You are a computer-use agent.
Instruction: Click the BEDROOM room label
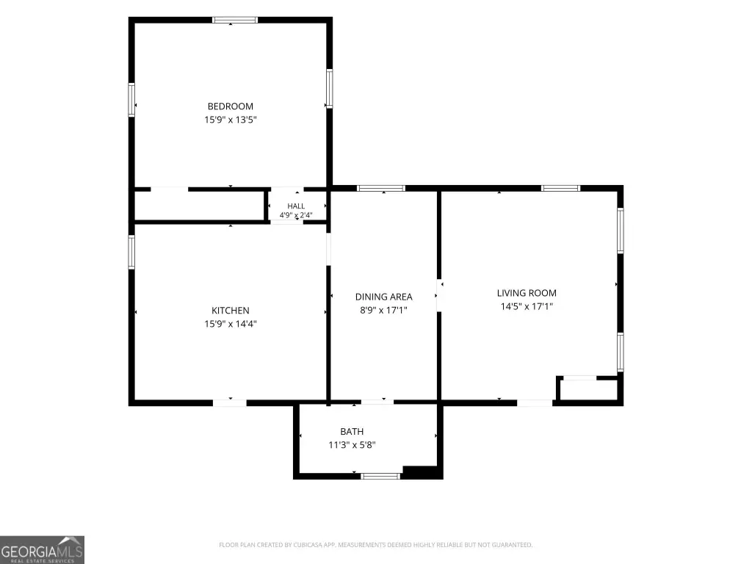[x=230, y=106]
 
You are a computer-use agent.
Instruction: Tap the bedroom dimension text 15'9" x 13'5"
[x=231, y=120]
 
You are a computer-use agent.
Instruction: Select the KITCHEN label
[x=230, y=311]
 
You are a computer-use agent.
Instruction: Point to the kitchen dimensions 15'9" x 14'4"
[x=231, y=324]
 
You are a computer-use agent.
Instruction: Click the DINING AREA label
[x=383, y=297]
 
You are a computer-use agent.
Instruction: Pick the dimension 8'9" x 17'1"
[x=383, y=310]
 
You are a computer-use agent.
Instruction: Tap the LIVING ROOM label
[x=527, y=293]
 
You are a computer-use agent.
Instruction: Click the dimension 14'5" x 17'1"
[x=527, y=306]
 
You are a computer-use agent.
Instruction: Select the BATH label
[x=352, y=432]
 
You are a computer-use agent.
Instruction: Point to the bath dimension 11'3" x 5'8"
[x=352, y=444]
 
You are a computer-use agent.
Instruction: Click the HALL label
[x=296, y=206]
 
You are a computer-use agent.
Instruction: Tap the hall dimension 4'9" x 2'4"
[x=296, y=215]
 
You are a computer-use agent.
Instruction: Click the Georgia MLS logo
[x=42, y=549]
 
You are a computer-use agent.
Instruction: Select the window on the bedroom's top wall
[x=235, y=20]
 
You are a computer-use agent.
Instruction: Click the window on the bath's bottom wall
[x=380, y=476]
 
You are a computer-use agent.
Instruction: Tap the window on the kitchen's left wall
[x=131, y=252]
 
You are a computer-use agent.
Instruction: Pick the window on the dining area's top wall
[x=381, y=189]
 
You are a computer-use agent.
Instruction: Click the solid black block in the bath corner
[x=422, y=472]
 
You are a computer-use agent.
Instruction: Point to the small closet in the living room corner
[x=588, y=389]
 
